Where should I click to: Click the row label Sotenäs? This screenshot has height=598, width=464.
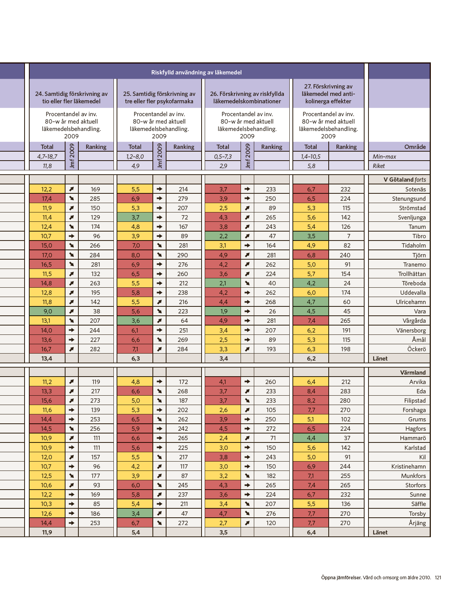coord(415,189)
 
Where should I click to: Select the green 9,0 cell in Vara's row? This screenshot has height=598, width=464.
coord(47,311)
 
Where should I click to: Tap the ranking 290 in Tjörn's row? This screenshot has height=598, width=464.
coord(182,255)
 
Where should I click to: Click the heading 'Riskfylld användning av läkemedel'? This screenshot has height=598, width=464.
coord(196,73)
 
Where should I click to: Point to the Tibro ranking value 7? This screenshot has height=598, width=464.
coord(349,236)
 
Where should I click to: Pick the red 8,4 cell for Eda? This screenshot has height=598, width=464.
coord(311,391)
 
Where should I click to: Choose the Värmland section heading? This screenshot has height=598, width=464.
coord(413,372)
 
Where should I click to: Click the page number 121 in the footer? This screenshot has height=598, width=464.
coord(438,577)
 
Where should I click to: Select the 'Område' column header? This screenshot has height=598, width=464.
coord(415,147)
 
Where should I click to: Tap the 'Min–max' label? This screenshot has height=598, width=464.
coord(384,157)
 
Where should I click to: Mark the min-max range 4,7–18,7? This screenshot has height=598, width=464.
coord(47,157)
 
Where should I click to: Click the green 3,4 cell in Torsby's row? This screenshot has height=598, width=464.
coord(135,513)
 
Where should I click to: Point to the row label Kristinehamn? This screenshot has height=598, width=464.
coord(408,467)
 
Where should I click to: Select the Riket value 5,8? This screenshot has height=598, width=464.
coord(311,166)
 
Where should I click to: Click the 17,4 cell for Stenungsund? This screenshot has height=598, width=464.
coord(47,198)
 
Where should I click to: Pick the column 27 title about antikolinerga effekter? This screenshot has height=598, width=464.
coord(328,94)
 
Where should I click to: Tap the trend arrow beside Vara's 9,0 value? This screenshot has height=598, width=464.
coord(72,311)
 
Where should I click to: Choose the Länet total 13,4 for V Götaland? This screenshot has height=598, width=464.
coord(47,358)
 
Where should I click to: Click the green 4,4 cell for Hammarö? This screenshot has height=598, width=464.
coord(311,438)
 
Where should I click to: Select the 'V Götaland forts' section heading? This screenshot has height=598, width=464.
coord(405,180)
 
